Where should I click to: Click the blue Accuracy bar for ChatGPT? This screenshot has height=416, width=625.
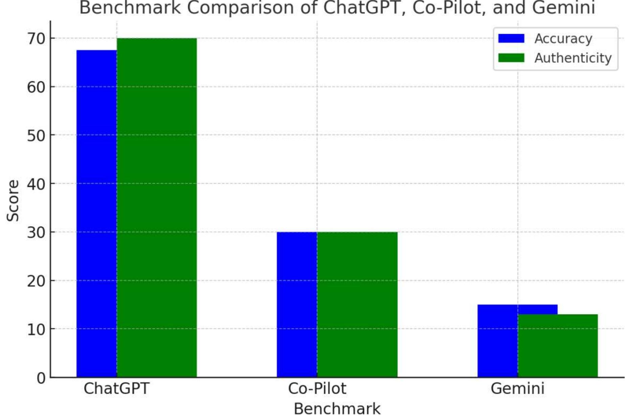pyautogui.click(x=96, y=213)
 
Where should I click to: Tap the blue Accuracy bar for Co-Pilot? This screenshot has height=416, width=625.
pyautogui.click(x=297, y=304)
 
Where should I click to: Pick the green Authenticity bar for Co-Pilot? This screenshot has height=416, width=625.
pyautogui.click(x=357, y=304)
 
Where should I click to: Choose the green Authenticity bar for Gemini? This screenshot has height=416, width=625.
pyautogui.click(x=558, y=346)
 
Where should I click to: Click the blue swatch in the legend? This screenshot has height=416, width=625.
pyautogui.click(x=511, y=38)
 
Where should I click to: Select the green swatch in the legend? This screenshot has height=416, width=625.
pyautogui.click(x=511, y=58)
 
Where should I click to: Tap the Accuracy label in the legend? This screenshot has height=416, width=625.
pyautogui.click(x=563, y=39)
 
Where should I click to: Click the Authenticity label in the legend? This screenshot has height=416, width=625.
pyautogui.click(x=573, y=58)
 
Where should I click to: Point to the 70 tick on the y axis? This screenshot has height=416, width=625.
pyautogui.click(x=36, y=39)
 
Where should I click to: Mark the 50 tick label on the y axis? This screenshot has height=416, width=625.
pyautogui.click(x=36, y=135)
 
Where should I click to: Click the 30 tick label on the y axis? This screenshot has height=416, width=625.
pyautogui.click(x=36, y=233)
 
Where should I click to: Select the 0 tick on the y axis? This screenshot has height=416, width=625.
pyautogui.click(x=41, y=378)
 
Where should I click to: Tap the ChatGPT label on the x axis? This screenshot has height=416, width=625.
pyautogui.click(x=116, y=389)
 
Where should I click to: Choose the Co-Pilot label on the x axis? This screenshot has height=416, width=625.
pyautogui.click(x=317, y=389)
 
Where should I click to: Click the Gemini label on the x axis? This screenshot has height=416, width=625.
pyautogui.click(x=517, y=389)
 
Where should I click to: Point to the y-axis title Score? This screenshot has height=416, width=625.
pyautogui.click(x=13, y=200)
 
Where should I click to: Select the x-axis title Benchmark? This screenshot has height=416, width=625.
pyautogui.click(x=337, y=408)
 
